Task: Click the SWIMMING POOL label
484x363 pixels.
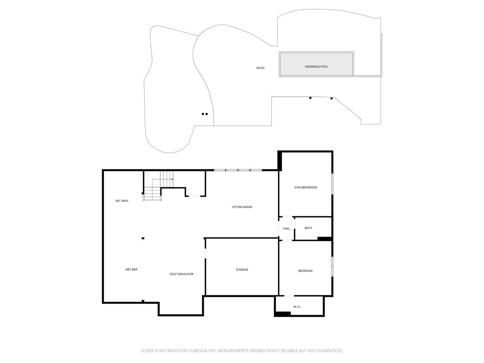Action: [316, 67]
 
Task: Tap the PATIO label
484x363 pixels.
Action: [260, 68]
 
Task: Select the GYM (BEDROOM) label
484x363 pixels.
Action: [306, 188]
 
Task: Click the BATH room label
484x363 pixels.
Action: [308, 228]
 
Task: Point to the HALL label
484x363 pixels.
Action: [287, 229]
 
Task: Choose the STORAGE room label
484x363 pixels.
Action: [242, 270]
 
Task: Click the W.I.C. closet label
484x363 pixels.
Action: [297, 307]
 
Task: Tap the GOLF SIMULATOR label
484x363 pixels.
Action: [181, 274]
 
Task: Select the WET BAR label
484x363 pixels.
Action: [131, 270]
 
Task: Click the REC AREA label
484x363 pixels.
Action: [122, 201]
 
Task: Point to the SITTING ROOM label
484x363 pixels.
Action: [242, 207]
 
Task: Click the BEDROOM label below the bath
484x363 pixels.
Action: [305, 271]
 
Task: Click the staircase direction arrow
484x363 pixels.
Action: [172, 179]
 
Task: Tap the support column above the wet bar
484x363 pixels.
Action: [143, 238]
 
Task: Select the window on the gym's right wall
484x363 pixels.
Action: [332, 184]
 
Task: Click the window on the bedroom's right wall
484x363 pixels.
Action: [332, 267]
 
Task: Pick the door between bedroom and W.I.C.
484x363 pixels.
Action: [289, 296]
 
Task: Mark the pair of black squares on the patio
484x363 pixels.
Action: [205, 114]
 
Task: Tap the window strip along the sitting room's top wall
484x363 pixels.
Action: [238, 170]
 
